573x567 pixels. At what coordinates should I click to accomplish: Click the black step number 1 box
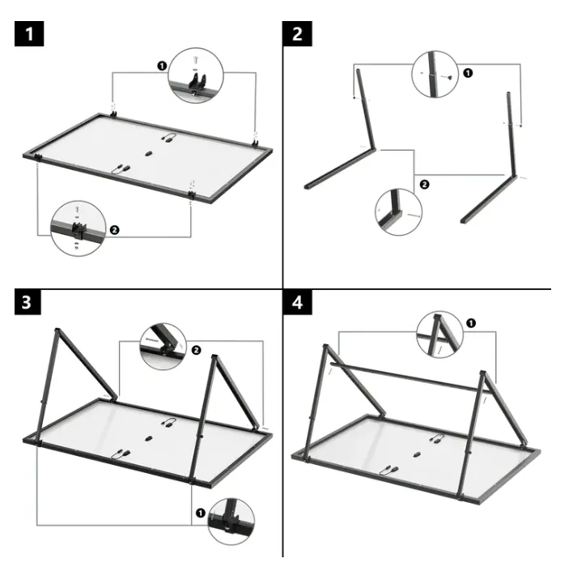(29, 34)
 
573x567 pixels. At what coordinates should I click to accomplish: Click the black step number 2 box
(298, 34)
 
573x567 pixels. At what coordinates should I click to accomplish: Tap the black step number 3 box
(28, 302)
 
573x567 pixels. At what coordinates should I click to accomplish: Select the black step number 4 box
(298, 302)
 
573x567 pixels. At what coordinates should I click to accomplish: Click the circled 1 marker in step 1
(162, 66)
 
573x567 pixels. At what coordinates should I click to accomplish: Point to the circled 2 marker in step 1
(114, 230)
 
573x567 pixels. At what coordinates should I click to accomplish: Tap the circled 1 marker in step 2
(468, 73)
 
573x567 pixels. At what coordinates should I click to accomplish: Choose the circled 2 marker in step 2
(424, 185)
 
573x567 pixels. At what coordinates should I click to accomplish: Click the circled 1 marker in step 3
(201, 513)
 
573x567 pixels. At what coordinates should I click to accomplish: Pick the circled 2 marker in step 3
(196, 350)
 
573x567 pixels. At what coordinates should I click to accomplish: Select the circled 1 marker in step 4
(471, 323)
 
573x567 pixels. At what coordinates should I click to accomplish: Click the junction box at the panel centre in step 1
(148, 154)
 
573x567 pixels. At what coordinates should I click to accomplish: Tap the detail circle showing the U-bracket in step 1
(196, 75)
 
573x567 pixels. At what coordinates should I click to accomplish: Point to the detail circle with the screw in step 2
(435, 75)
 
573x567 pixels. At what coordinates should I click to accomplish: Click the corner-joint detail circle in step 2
(398, 212)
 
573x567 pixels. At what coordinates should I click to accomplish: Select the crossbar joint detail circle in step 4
(439, 335)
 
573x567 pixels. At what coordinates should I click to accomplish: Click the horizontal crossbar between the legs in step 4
(410, 378)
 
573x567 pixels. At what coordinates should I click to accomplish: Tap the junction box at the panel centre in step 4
(416, 455)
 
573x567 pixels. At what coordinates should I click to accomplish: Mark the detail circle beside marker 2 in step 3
(163, 347)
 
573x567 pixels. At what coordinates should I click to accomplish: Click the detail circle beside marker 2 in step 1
(79, 228)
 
